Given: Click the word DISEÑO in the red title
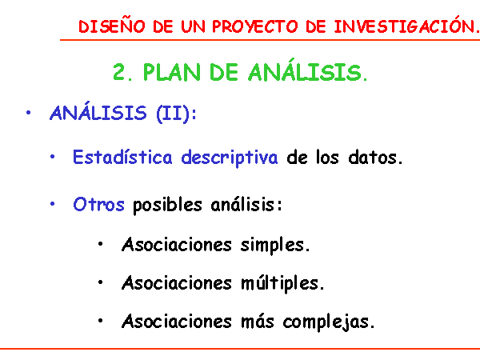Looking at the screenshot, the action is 112,26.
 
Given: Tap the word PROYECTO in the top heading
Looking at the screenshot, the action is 255,26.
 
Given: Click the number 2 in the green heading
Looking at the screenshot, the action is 120,72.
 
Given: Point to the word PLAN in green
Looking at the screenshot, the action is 171,72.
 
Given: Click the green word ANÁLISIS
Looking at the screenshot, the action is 308,70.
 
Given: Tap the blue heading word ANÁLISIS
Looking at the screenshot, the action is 98,111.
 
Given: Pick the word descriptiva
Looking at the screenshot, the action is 230,158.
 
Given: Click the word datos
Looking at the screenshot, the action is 375,158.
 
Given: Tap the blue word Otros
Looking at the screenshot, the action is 98,204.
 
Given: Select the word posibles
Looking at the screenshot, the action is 167,205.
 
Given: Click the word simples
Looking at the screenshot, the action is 275,245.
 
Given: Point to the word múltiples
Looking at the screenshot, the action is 282,283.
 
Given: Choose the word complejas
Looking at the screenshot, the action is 329,322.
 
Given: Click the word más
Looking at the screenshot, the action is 257,321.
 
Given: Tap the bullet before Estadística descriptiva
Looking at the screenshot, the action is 52,157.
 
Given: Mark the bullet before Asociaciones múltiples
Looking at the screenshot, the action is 100,282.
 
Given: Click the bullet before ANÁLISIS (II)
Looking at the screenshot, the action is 29,113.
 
